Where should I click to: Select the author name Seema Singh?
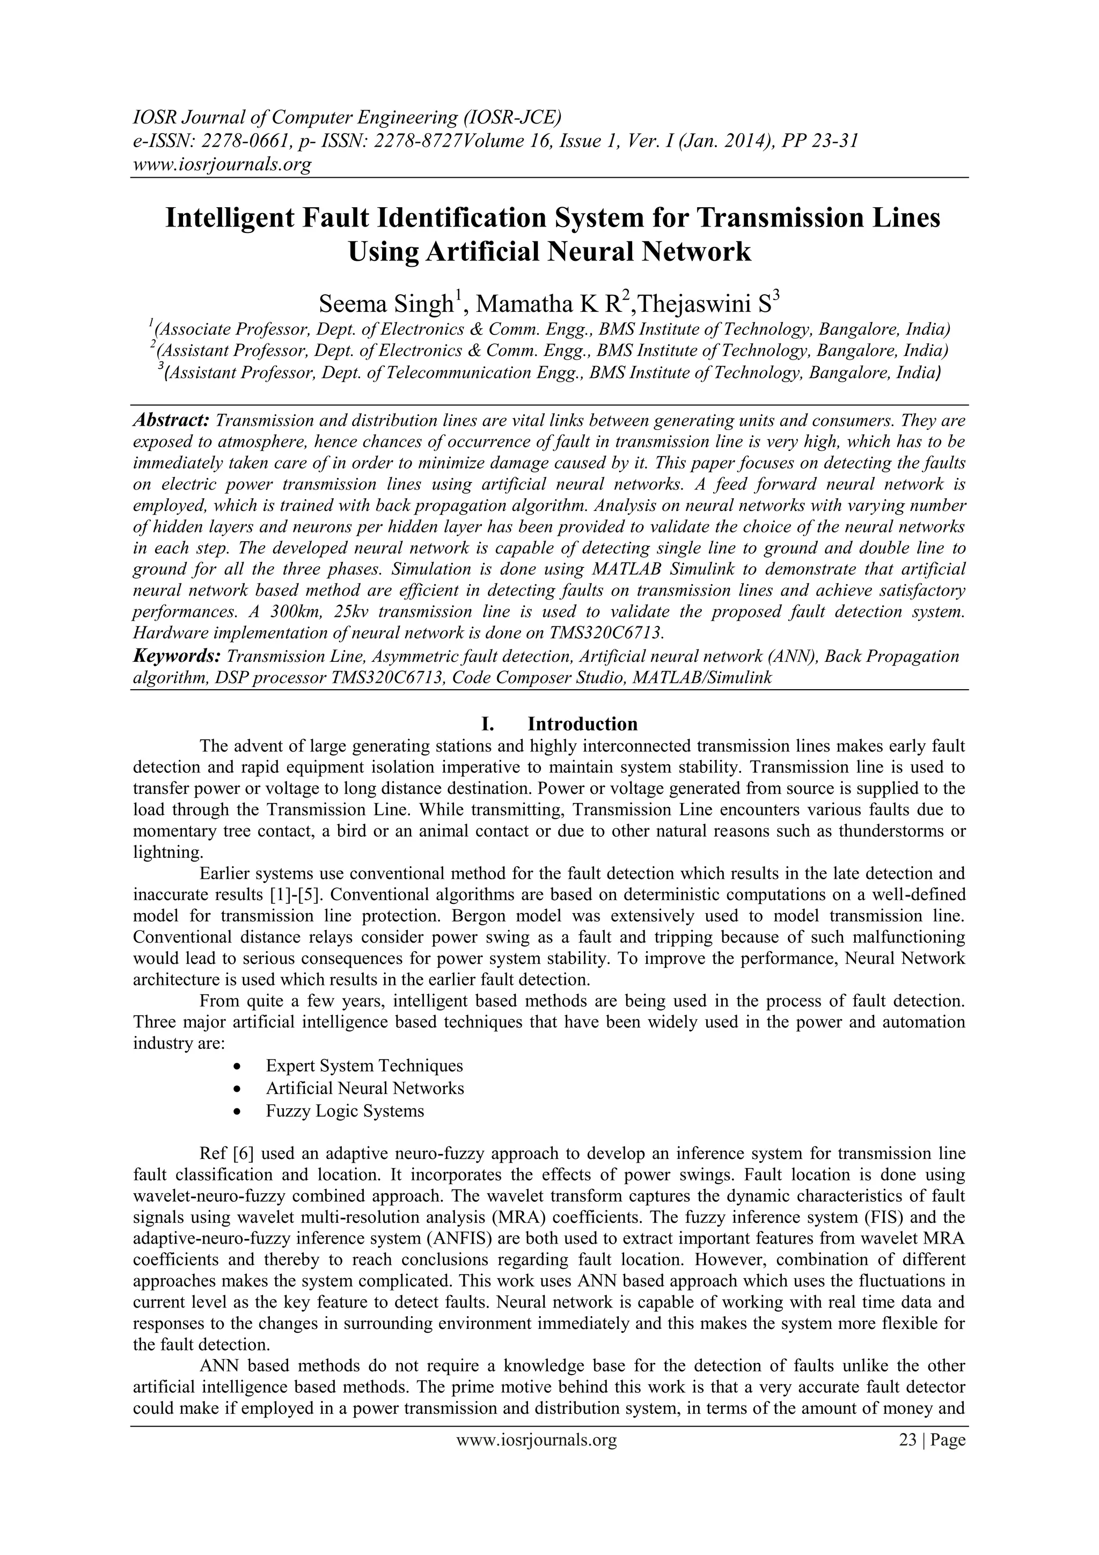[x=386, y=304]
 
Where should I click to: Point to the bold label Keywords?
[x=177, y=655]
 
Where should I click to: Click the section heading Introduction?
[x=582, y=724]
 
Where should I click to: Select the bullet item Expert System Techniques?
[x=364, y=1065]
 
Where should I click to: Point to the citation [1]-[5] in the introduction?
[x=290, y=895]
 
